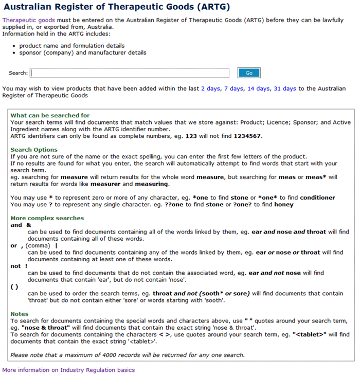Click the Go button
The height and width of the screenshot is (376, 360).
[249, 73]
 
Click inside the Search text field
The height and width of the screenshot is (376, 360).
[130, 73]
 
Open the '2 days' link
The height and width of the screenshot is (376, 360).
[210, 88]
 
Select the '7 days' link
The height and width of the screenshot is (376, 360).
[234, 88]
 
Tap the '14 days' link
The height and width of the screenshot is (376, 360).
[259, 88]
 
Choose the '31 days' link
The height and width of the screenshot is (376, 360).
[285, 88]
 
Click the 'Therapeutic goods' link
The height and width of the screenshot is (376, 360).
[25, 20]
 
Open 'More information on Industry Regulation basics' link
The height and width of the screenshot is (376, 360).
[68, 370]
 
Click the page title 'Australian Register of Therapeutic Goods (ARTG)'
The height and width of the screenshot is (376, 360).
[116, 8]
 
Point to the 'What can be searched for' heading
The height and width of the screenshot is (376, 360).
[50, 116]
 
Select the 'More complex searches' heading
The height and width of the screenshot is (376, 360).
[47, 218]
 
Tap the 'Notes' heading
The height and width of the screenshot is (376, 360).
[20, 314]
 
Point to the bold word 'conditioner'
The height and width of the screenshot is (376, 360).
[317, 198]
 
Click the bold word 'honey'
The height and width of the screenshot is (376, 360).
[284, 204]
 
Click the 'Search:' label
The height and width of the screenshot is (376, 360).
[18, 73]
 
